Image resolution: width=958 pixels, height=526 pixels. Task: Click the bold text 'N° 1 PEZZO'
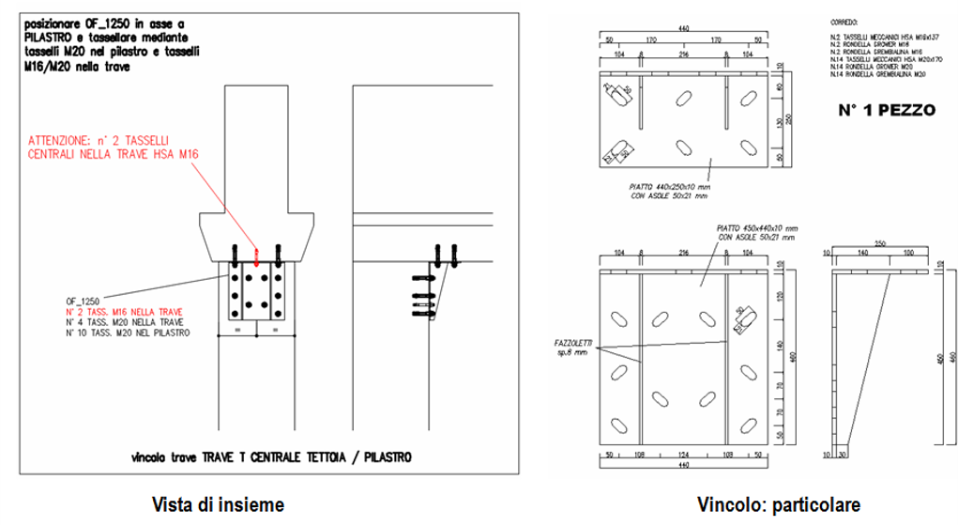(887, 110)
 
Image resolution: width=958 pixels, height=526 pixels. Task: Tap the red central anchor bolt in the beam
(256, 254)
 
